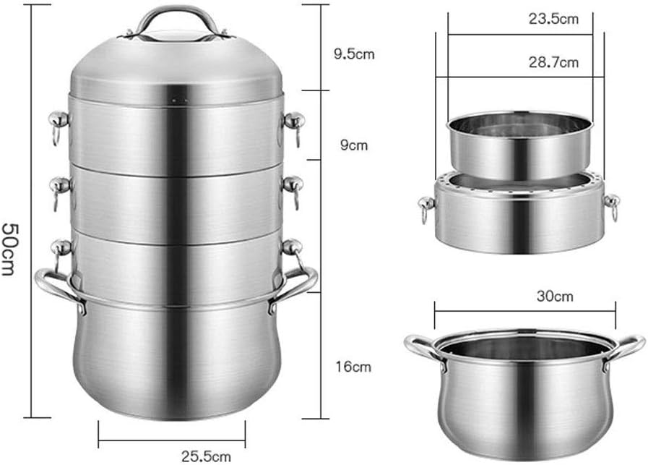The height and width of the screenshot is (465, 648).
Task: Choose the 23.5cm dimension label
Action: point(553,20)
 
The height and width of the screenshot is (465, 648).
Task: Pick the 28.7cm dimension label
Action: point(553,62)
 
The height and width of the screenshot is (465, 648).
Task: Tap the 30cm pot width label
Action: point(556,296)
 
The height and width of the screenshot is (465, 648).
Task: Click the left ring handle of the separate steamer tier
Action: point(425,210)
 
